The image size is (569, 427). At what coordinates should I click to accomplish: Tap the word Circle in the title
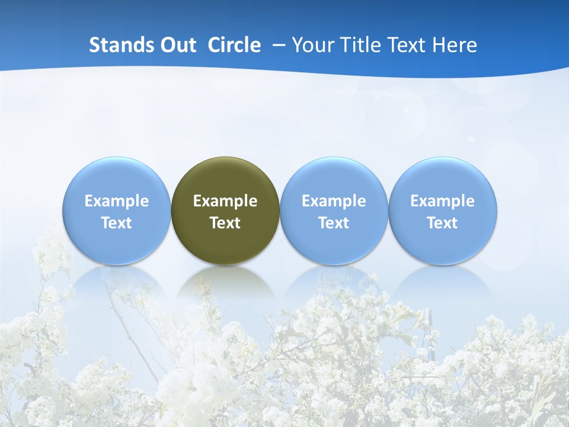coord(234,45)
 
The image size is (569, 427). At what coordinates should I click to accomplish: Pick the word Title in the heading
coord(358,45)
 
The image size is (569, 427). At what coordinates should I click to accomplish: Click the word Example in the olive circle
coord(225,201)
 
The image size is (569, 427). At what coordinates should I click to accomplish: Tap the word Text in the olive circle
coord(225,223)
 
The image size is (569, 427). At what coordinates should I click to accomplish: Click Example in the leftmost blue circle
coord(117,201)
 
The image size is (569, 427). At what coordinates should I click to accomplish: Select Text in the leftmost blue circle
coord(117,223)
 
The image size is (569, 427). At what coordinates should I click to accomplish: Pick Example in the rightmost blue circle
coord(443,201)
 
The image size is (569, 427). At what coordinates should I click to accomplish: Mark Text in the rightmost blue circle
coord(443,223)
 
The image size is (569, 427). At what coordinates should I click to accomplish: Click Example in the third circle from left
coord(334,201)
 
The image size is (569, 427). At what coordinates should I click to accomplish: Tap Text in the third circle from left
coord(334,223)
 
